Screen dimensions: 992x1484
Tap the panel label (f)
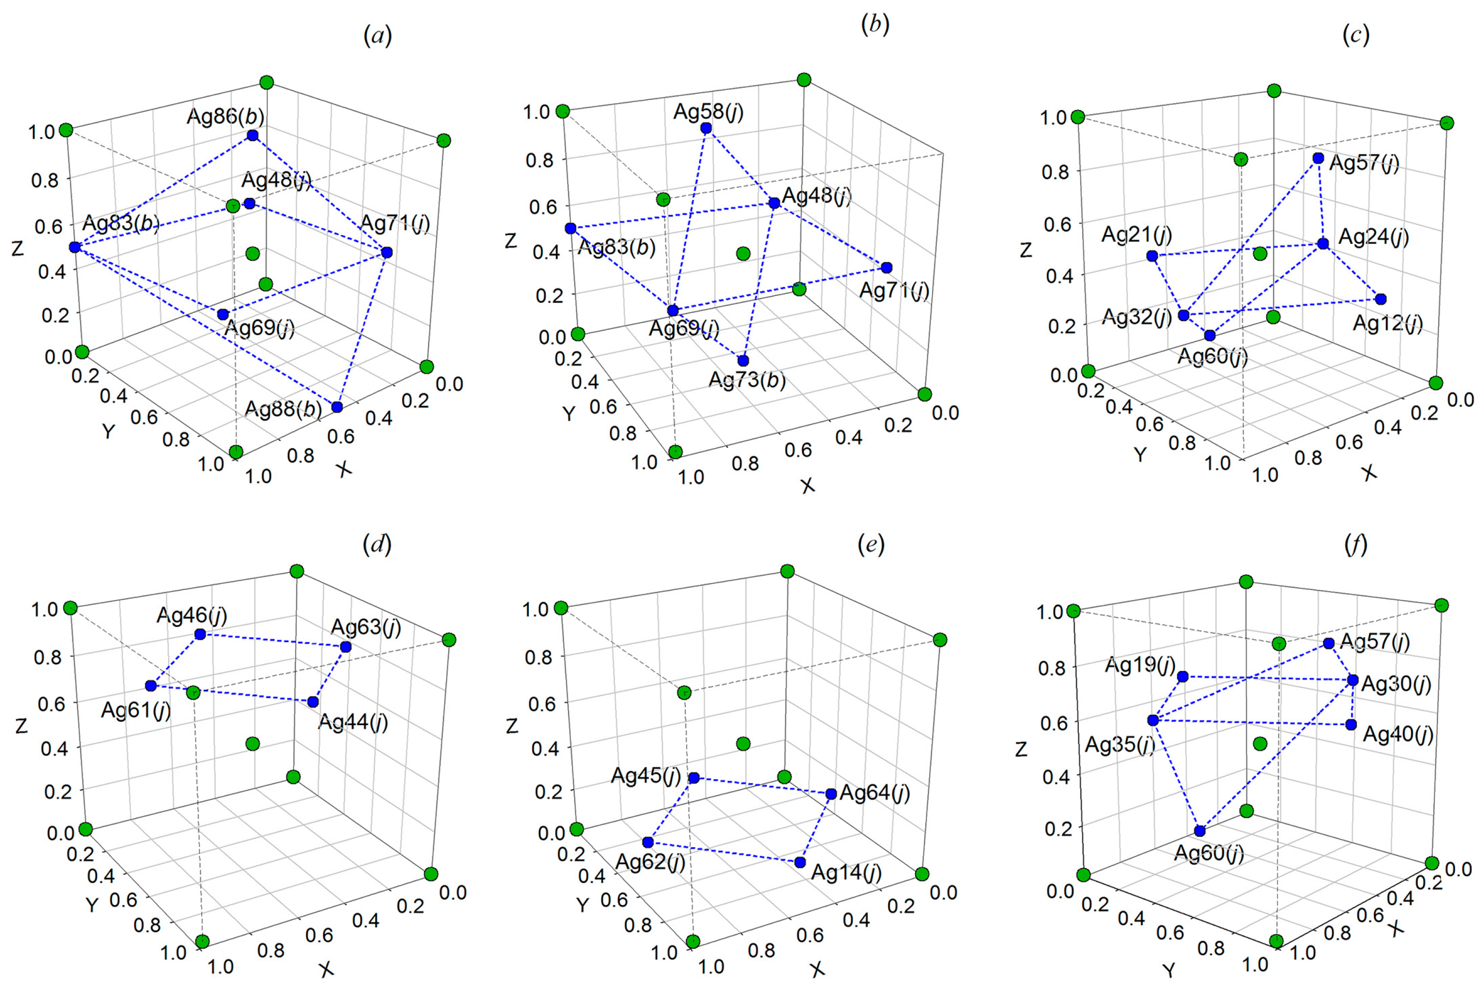tap(1356, 544)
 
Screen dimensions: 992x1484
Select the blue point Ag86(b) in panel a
tap(253, 135)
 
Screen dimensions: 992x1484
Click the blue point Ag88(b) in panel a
tap(337, 407)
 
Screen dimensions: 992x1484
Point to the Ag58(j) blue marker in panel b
tap(706, 128)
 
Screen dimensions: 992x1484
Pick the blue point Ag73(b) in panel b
tap(743, 361)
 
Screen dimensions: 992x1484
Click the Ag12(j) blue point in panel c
tap(1381, 299)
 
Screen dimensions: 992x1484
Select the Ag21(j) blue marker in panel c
tap(1152, 255)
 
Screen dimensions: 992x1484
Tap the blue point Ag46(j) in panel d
tap(200, 634)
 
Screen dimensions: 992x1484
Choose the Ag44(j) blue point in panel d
tap(312, 701)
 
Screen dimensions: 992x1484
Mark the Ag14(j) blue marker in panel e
tap(800, 862)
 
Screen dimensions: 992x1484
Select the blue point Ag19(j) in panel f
tap(1182, 677)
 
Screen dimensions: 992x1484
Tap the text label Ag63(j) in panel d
tap(366, 627)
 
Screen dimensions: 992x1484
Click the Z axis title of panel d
tap(22, 725)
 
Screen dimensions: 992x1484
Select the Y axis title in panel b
tap(569, 414)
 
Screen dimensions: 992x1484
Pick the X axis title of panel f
tap(1397, 927)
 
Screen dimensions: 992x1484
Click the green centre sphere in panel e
tap(744, 743)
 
